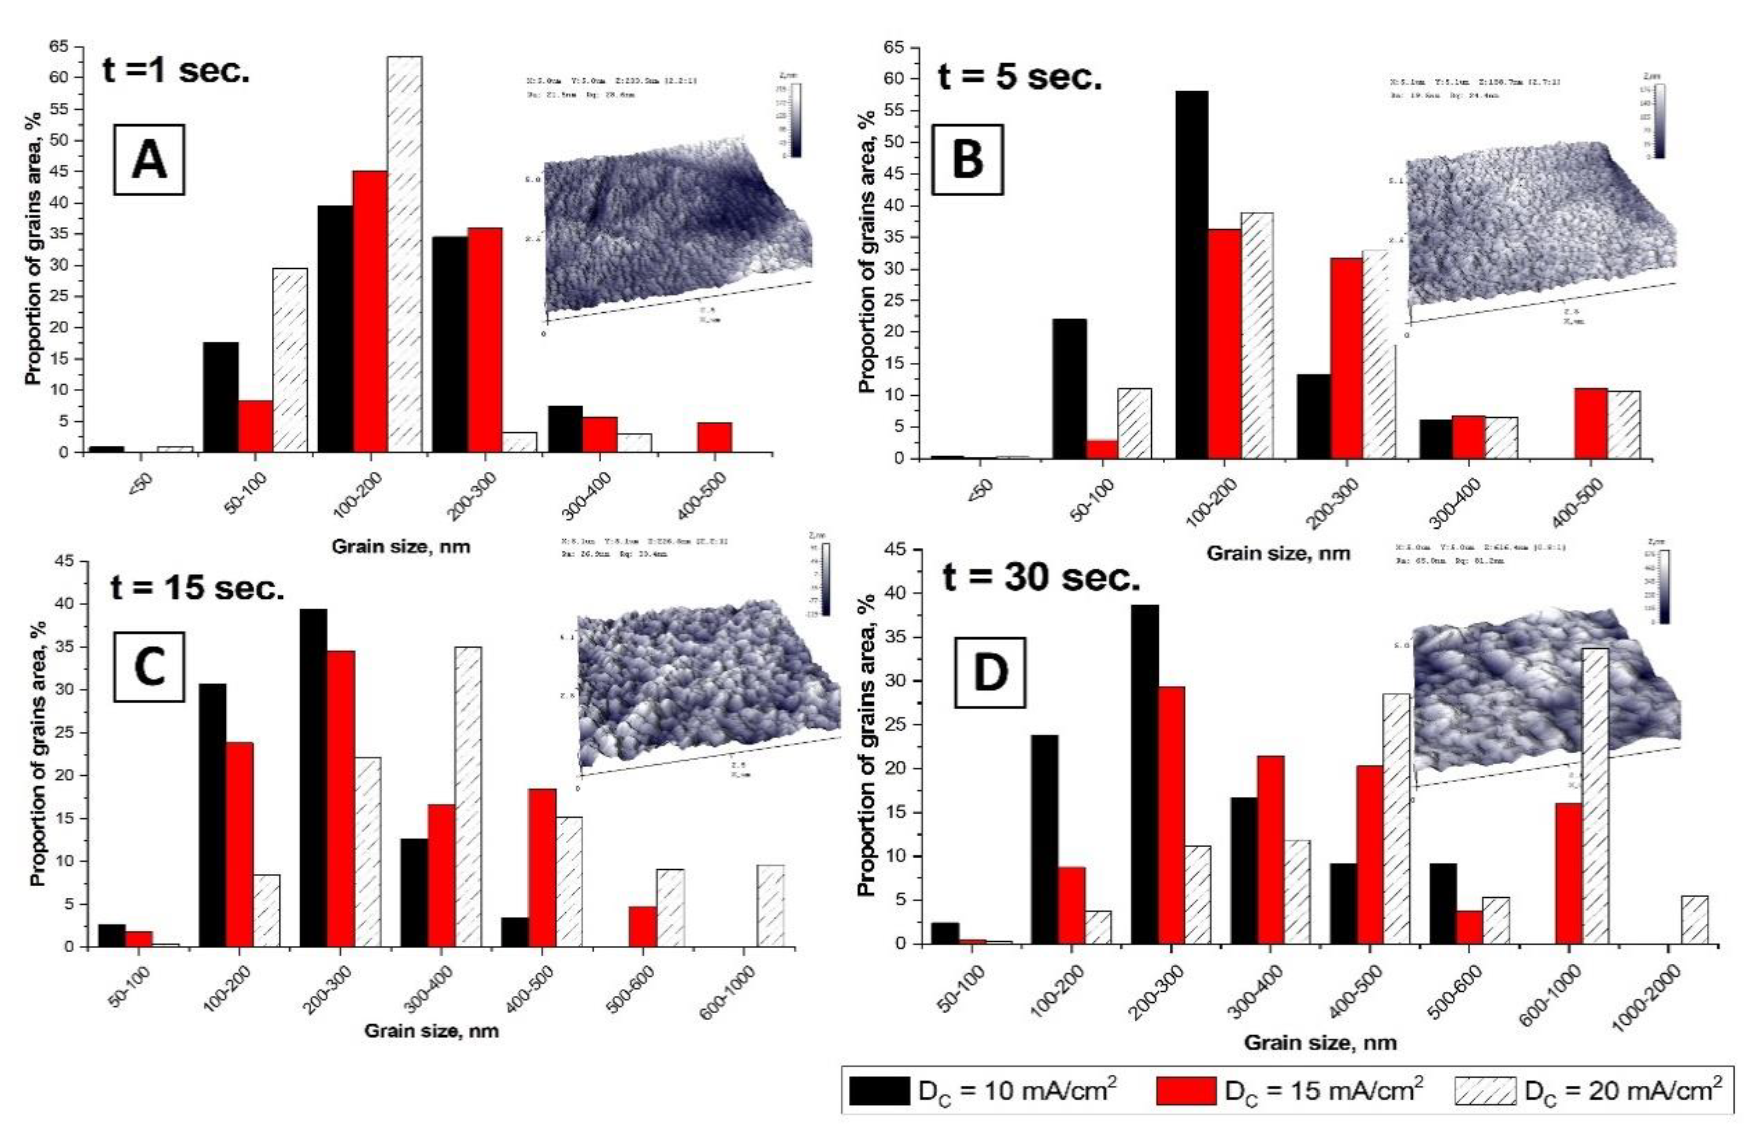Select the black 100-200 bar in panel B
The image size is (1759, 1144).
point(1192,274)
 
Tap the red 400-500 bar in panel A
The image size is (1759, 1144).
point(714,437)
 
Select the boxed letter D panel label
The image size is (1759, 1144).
point(990,672)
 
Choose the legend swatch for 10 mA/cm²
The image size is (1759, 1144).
point(879,1091)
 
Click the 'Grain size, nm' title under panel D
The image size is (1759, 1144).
point(1320,1043)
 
